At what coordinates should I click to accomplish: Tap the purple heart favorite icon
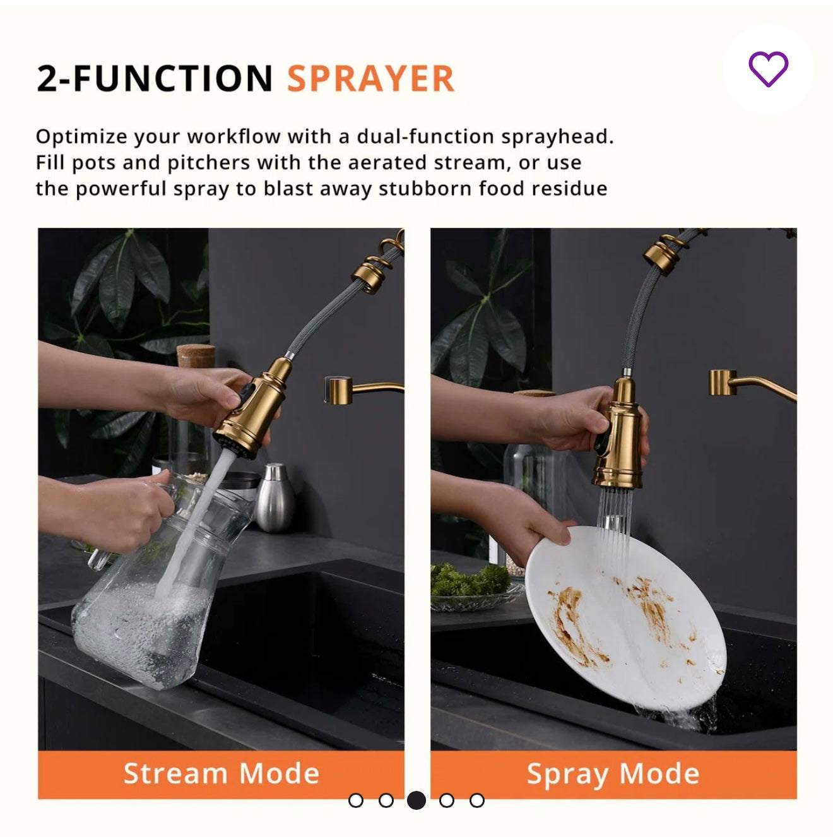tap(768, 69)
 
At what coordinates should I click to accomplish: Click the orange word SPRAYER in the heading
tap(370, 79)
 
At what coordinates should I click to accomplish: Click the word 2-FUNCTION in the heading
tap(155, 79)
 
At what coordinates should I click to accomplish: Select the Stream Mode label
tap(221, 774)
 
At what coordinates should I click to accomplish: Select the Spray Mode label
tap(613, 774)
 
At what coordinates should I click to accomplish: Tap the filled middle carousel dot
tap(416, 800)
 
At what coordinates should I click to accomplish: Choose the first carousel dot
tap(356, 800)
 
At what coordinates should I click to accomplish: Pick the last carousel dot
tap(477, 800)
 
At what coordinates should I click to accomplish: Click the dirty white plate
tap(625, 619)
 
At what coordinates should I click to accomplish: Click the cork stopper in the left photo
tap(196, 356)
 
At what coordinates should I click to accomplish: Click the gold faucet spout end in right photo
tap(723, 383)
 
